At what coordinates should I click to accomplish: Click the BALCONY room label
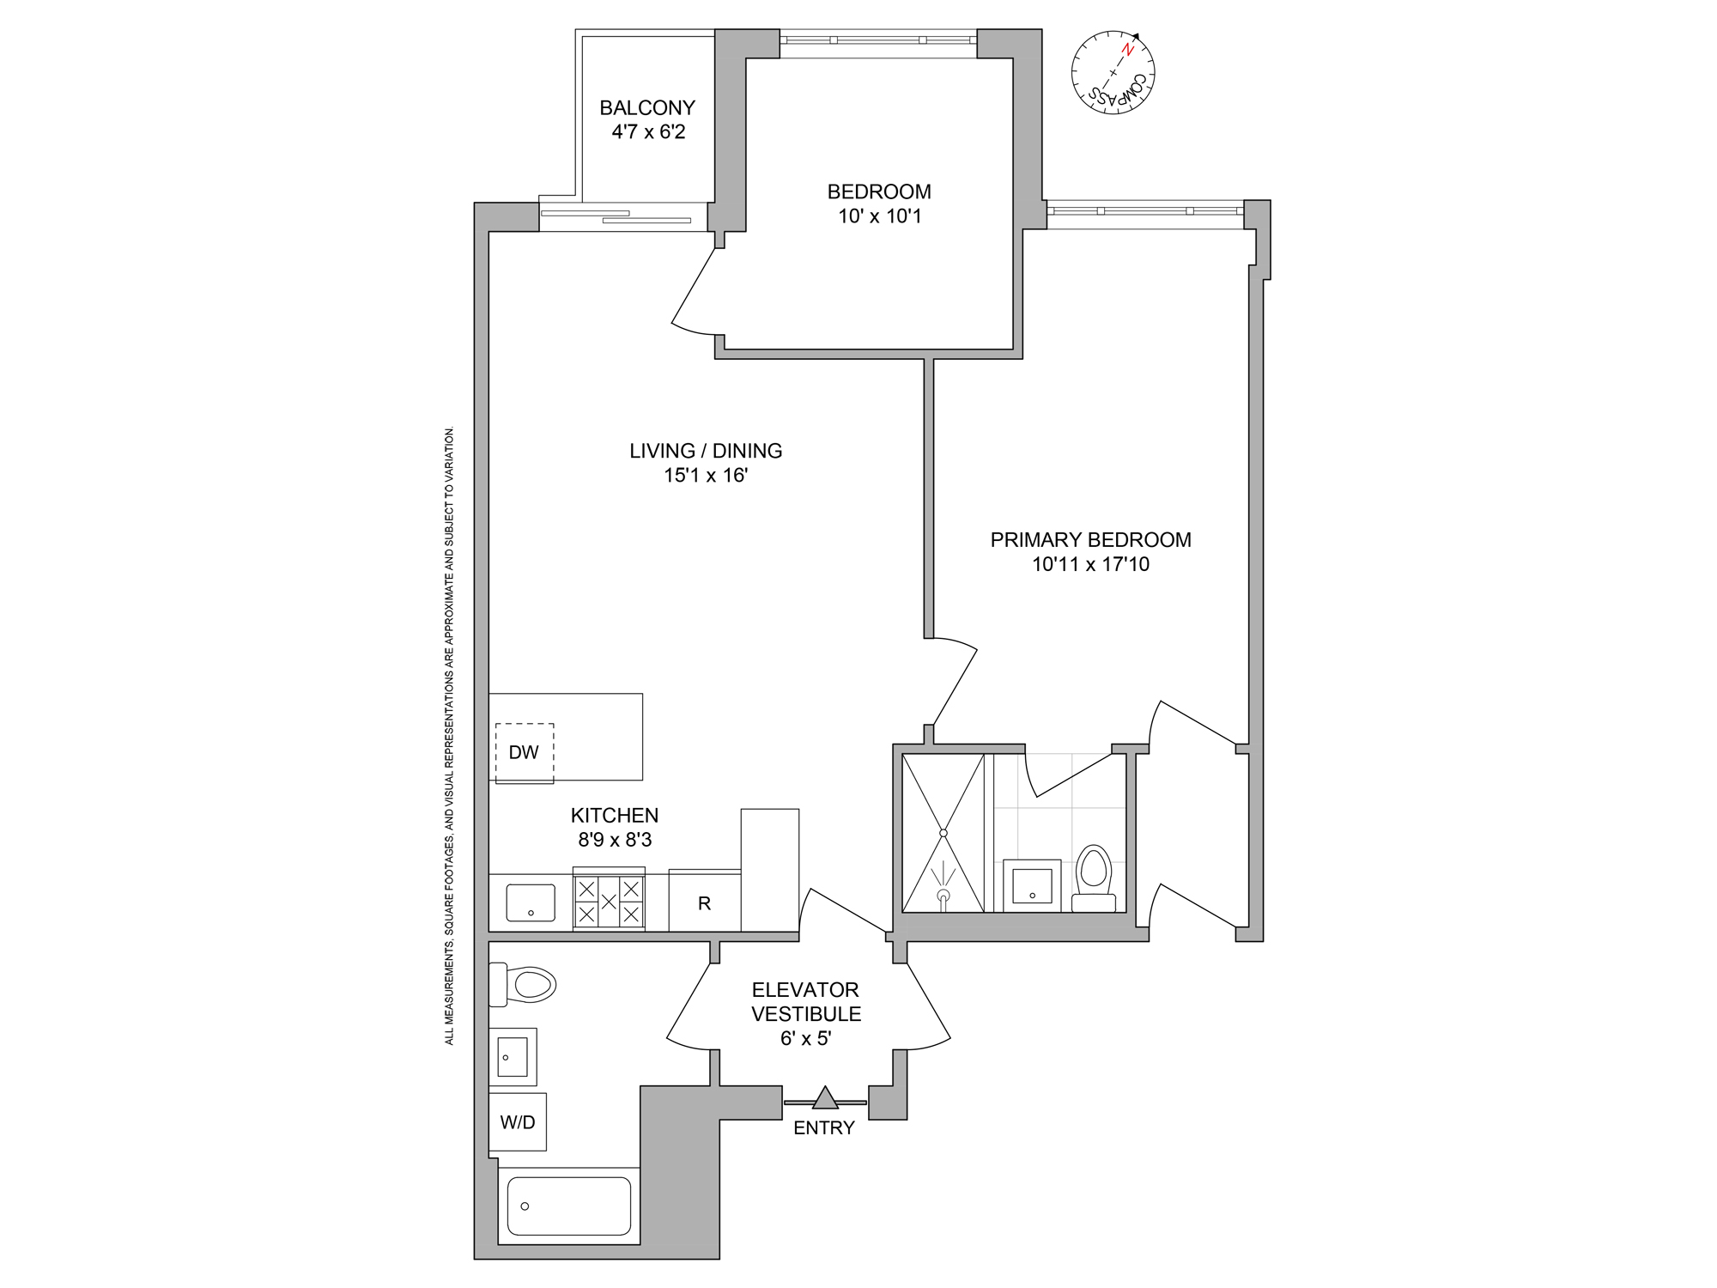tap(647, 108)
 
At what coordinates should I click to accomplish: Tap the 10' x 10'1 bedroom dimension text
tap(879, 216)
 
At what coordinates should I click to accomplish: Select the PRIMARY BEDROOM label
tap(1090, 540)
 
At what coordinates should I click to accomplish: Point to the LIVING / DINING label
tap(706, 451)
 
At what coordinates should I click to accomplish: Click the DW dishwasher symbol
tap(524, 753)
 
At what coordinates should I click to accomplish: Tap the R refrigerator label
tap(704, 903)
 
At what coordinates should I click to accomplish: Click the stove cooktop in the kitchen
tap(609, 901)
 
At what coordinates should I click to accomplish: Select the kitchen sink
tap(531, 902)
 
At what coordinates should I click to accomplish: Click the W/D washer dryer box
tap(518, 1122)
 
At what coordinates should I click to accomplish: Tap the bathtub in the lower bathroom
tap(568, 1206)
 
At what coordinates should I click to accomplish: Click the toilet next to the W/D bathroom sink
tap(525, 984)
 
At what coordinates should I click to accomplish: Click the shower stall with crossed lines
tap(943, 833)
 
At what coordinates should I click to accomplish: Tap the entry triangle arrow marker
tap(825, 1098)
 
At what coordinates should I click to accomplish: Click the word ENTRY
tap(823, 1128)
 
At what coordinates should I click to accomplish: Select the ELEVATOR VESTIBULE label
tap(805, 1002)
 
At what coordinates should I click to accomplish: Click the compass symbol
tap(1113, 73)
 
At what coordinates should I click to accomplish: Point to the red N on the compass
tap(1128, 51)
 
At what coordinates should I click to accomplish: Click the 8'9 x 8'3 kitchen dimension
tap(615, 840)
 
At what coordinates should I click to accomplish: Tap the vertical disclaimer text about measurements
tap(449, 735)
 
